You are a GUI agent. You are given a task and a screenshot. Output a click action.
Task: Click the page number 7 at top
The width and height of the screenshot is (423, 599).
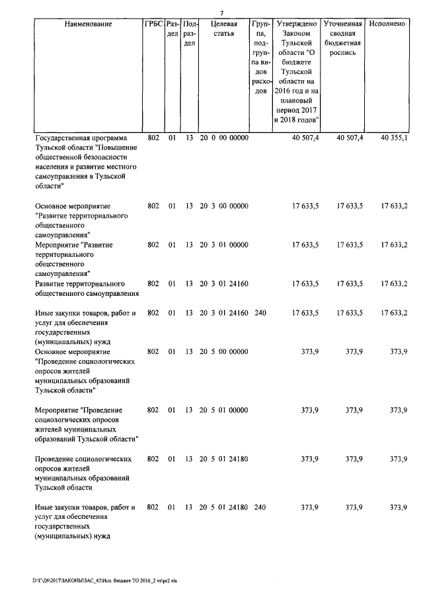pyautogui.click(x=222, y=13)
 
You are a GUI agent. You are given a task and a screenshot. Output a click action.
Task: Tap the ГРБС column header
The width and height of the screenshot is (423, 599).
pyautogui.click(x=153, y=24)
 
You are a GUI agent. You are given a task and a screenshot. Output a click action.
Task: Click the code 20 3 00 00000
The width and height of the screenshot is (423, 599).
pyautogui.click(x=224, y=206)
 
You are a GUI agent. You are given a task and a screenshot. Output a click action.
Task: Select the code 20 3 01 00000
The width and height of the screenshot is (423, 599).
pyautogui.click(x=224, y=244)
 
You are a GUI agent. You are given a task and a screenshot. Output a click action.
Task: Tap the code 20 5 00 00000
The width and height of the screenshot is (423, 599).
pyautogui.click(x=224, y=351)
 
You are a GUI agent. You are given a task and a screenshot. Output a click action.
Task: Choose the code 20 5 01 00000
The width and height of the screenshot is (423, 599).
pyautogui.click(x=224, y=410)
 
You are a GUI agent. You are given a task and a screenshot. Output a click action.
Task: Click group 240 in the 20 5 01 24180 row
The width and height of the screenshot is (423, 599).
pyautogui.click(x=260, y=507)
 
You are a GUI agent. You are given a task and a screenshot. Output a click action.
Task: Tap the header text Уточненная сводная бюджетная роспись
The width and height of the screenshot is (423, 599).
pyautogui.click(x=342, y=38)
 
